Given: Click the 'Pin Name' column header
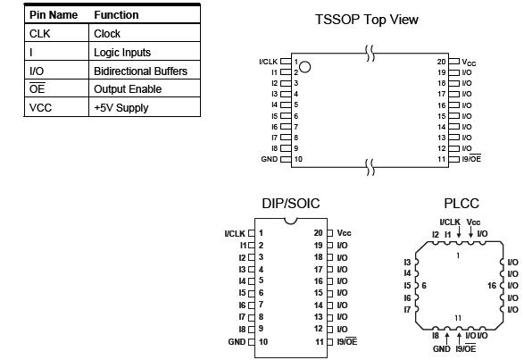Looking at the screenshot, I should tap(54, 15).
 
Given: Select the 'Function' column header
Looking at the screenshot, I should tap(116, 15).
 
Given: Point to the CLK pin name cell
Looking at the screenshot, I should tap(39, 34).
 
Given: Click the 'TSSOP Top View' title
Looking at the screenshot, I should tap(366, 20).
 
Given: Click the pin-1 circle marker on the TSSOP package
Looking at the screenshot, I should tap(305, 66).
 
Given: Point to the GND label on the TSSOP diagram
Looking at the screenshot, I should tap(269, 159).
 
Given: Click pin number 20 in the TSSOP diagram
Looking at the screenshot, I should tap(441, 62).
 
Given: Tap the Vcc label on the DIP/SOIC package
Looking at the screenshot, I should tap(345, 232).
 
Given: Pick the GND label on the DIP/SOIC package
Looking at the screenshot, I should tap(237, 342).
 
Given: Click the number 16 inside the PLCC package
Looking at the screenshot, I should tap(492, 286).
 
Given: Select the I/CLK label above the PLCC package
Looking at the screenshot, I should tap(450, 222).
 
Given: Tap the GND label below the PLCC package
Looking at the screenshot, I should tap(441, 349).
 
